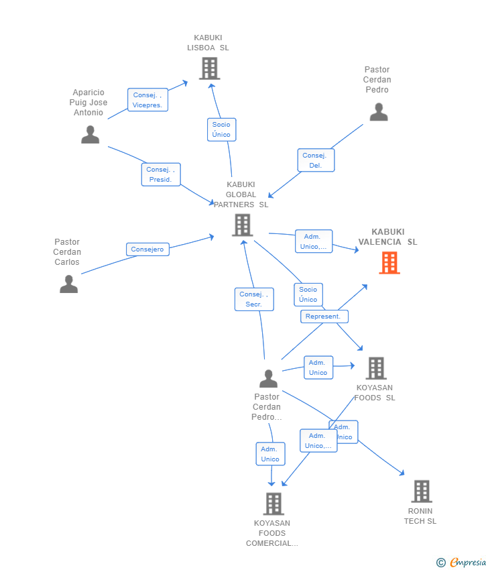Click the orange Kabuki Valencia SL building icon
point(389,263)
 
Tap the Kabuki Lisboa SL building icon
point(209,68)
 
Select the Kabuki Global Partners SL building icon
point(243,225)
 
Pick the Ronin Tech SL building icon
point(422,492)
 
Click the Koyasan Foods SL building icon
point(376,368)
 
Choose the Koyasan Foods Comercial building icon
point(273,504)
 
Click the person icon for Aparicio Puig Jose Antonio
point(90,135)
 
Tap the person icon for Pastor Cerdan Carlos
point(68,284)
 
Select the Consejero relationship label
point(147,249)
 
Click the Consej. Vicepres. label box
point(147,100)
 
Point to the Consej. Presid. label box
point(161,174)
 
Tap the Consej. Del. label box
point(316,160)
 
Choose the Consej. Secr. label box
point(254,299)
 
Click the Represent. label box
point(324,317)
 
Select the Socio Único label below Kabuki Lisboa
point(221,129)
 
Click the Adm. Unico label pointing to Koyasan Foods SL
point(318,367)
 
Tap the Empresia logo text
point(468,562)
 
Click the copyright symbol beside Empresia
point(441,563)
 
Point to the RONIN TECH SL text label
point(420,516)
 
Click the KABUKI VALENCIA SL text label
point(387,237)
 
